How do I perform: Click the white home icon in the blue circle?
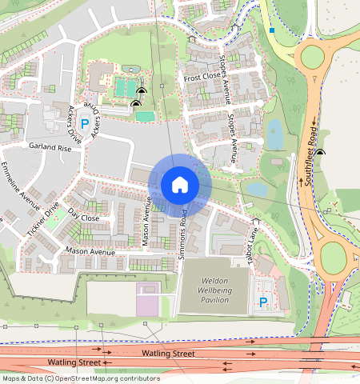[180, 185]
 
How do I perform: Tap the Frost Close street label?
[202, 78]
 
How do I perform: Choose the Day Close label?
[84, 217]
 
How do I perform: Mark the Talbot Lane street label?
[250, 239]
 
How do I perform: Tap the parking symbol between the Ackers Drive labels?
[84, 125]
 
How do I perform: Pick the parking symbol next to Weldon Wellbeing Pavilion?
[263, 302]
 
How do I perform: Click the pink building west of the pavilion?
[147, 298]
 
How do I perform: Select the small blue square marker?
[272, 30]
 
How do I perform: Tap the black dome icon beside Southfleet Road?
[321, 152]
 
